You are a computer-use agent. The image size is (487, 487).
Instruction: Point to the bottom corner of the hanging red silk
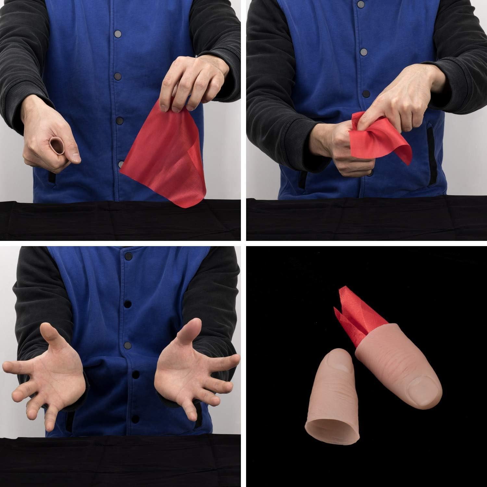[182, 203]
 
